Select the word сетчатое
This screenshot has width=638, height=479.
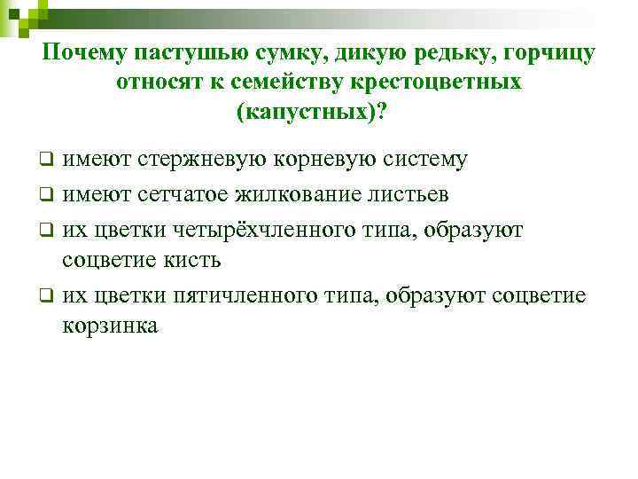(x=189, y=192)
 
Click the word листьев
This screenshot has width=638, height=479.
(x=410, y=192)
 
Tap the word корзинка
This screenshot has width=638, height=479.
(x=111, y=326)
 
